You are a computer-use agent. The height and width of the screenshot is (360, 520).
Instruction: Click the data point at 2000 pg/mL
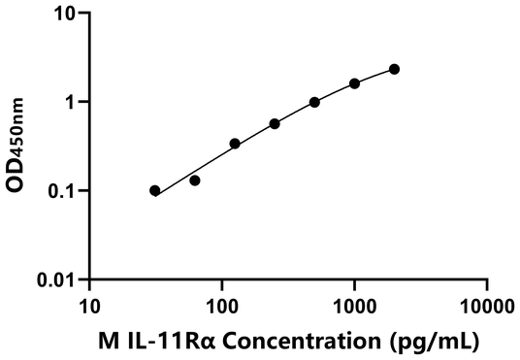tap(394, 69)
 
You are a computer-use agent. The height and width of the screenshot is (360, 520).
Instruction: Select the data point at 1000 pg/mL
tap(354, 83)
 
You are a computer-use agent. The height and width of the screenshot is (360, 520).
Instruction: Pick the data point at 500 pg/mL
tap(314, 102)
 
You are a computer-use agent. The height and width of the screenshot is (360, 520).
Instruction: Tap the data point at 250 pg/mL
tap(275, 123)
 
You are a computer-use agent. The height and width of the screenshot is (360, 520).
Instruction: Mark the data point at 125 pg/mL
tap(235, 144)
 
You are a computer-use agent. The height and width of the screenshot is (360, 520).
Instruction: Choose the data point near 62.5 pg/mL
tap(195, 180)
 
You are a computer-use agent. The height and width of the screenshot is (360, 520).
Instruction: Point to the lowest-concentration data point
tap(155, 190)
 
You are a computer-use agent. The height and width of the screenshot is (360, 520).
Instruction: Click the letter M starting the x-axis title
tap(109, 341)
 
